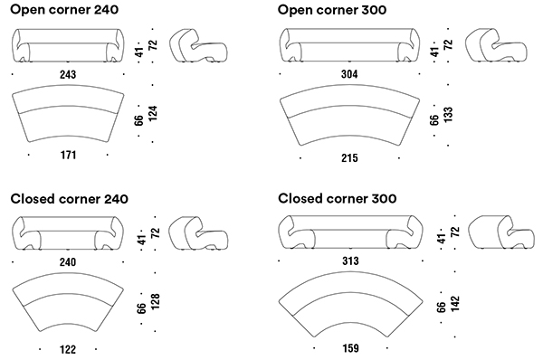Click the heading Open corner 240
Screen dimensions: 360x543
click(68, 10)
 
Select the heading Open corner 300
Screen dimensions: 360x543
click(336, 10)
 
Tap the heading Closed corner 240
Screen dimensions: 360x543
click(70, 198)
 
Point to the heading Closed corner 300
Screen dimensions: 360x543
click(338, 198)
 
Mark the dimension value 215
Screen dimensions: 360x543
click(349, 158)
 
